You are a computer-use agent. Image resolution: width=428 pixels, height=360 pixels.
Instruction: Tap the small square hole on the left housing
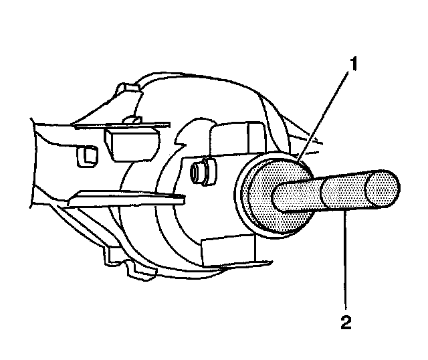tap(88, 157)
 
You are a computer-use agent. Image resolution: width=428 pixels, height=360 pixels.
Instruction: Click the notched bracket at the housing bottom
tap(134, 264)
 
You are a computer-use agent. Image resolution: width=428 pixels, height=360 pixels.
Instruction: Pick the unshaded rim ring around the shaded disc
tap(242, 201)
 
